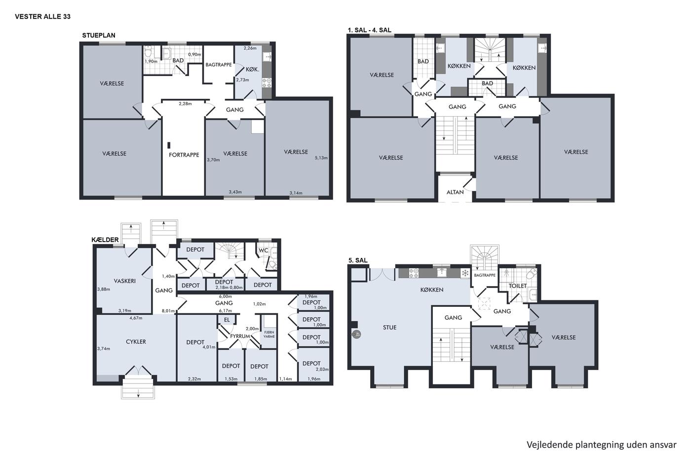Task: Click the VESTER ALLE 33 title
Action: [x=42, y=17]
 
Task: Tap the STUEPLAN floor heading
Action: [x=99, y=36]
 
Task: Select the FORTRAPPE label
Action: [x=184, y=155]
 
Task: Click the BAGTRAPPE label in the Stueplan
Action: [x=219, y=65]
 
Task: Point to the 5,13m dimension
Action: [x=321, y=158]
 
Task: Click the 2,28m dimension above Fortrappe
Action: [x=185, y=104]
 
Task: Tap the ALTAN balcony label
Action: [x=455, y=192]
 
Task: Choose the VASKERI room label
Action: [x=124, y=281]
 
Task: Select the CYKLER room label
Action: [x=136, y=342]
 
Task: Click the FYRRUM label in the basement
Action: [x=240, y=336]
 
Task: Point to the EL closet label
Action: [x=227, y=320]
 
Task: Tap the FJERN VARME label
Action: [x=269, y=335]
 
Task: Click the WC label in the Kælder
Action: [x=263, y=251]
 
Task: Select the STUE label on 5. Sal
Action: [x=389, y=328]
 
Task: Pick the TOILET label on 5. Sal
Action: [x=517, y=286]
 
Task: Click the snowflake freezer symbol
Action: [x=465, y=273]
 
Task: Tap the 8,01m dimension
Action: [x=168, y=311]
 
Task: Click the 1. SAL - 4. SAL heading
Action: [x=370, y=30]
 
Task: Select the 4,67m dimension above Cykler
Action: [x=136, y=318]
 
